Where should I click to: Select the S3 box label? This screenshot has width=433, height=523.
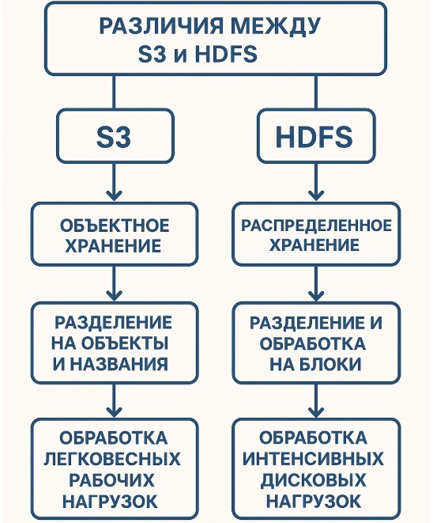(x=114, y=137)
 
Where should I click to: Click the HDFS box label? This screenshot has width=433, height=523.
(x=314, y=137)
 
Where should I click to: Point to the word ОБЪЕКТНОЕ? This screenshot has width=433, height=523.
(x=115, y=225)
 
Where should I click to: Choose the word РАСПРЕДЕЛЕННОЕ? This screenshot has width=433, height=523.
(x=316, y=225)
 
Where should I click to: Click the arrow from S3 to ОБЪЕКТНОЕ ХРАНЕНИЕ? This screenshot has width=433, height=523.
(x=114, y=182)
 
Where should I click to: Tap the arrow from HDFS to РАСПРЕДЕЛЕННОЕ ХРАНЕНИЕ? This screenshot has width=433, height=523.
(x=316, y=182)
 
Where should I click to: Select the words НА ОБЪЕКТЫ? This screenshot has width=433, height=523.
(x=110, y=343)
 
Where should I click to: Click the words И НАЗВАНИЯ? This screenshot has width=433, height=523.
(x=111, y=363)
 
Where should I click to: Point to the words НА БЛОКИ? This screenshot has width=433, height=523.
(x=315, y=364)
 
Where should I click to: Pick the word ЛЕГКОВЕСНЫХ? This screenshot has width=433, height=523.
(x=112, y=459)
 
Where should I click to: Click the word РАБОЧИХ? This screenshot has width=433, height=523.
(x=111, y=480)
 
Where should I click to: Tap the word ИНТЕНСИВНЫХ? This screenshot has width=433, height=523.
(x=313, y=459)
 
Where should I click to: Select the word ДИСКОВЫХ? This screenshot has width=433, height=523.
(x=313, y=480)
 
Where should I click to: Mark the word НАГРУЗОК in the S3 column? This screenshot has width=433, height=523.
(x=111, y=501)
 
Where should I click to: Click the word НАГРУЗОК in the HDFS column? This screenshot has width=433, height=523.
(x=314, y=501)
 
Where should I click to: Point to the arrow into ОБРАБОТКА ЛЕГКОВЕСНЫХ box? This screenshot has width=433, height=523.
(x=114, y=400)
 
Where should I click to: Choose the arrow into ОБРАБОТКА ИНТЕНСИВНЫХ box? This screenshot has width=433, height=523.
(x=316, y=400)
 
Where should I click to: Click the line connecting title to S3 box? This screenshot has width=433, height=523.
(x=114, y=92)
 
